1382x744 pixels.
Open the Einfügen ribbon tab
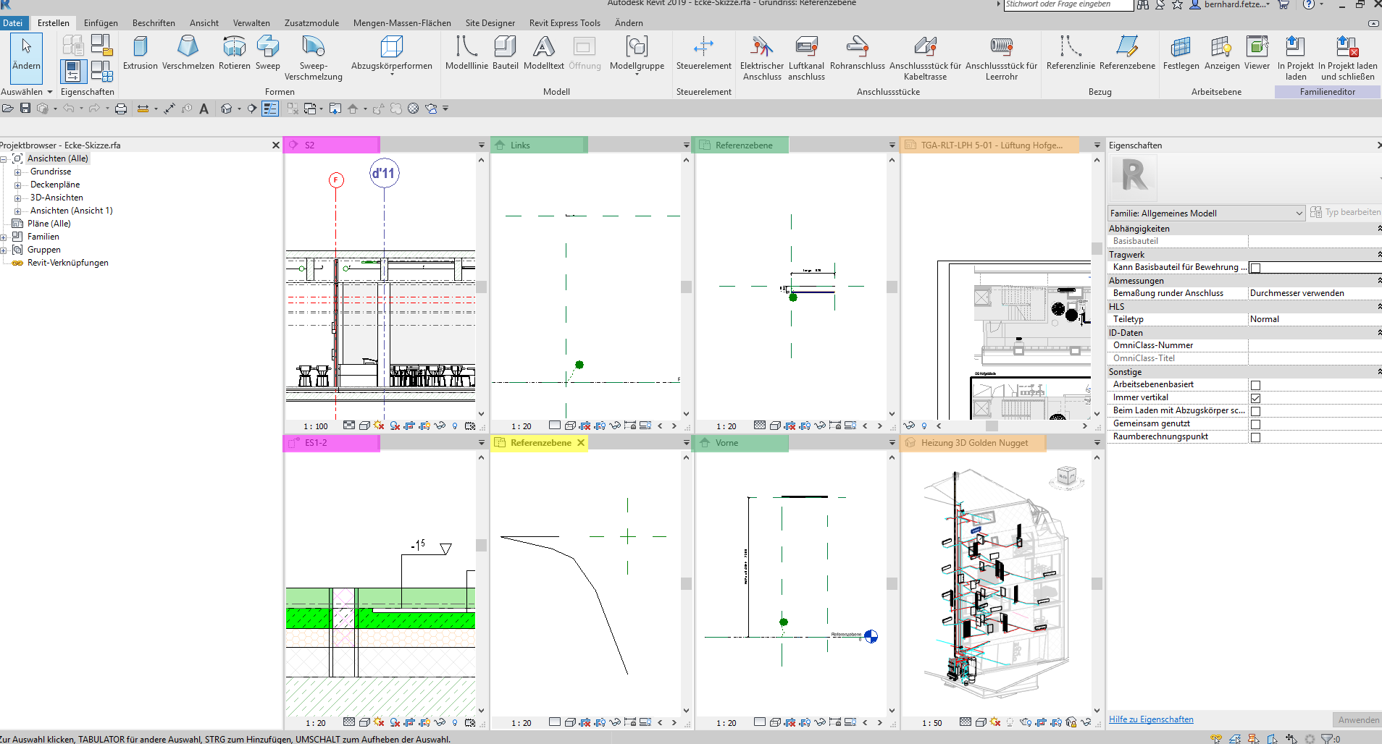click(101, 23)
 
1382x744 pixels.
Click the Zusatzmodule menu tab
click(311, 23)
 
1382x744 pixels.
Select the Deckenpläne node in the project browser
click(55, 185)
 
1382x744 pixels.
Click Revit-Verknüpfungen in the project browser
click(68, 263)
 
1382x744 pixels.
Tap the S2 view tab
click(310, 145)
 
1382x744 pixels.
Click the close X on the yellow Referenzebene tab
click(581, 443)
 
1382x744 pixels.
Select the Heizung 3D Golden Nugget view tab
click(973, 443)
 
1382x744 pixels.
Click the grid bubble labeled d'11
click(384, 173)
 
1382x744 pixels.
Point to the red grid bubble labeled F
click(336, 179)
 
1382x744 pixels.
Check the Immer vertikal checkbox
click(1255, 398)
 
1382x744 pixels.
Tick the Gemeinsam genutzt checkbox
click(1255, 424)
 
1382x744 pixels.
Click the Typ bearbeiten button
click(1346, 213)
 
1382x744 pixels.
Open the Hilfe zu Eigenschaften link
click(1151, 719)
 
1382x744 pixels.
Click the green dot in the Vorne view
click(783, 622)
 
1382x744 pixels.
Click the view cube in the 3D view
click(1067, 476)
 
